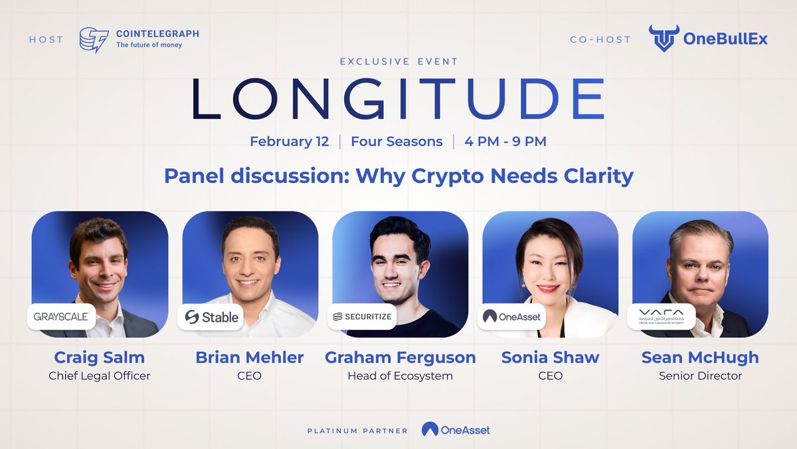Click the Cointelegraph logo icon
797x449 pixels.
coord(94,39)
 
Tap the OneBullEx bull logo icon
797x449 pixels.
coord(662,39)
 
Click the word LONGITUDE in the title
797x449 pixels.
coord(398,100)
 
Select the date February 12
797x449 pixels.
coord(290,142)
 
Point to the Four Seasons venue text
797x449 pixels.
coord(397,142)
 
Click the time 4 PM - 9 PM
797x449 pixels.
coord(505,142)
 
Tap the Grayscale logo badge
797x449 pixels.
coord(61,317)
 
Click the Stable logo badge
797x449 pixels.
coord(211,317)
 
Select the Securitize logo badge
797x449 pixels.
coord(363,317)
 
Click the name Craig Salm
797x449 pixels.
coord(100,357)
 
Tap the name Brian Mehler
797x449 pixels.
coord(249,357)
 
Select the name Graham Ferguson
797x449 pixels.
coord(400,357)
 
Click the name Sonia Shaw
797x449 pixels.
coord(550,357)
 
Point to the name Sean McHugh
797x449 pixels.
coord(700,357)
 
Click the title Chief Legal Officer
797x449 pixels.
coord(100,376)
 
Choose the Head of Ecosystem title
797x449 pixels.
coord(400,376)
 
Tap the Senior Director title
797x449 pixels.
coord(700,376)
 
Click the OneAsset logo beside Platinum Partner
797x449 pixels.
coord(456,430)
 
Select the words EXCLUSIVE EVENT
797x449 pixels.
coord(398,62)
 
